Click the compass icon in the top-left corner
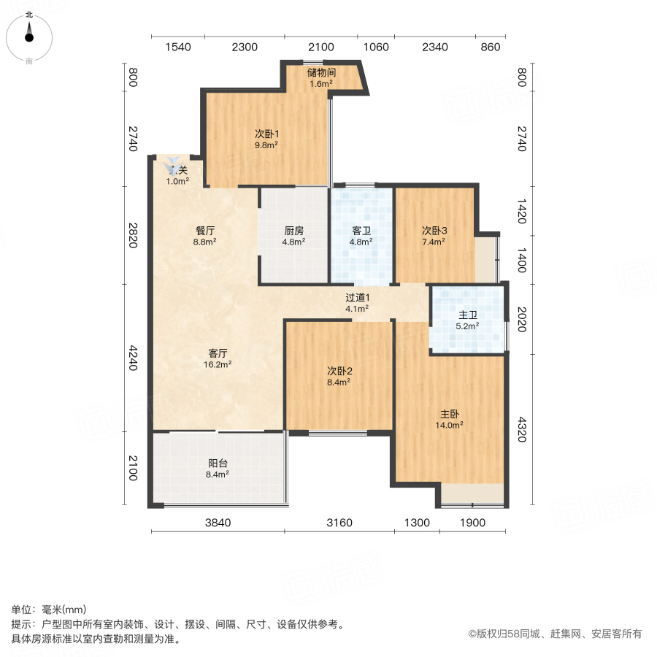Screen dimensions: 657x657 coord(29,34)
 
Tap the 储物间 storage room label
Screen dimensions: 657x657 coord(321,72)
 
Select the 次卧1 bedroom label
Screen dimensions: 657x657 coord(266,134)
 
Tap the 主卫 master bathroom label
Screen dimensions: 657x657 coord(468,315)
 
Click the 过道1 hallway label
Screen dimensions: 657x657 coord(358,297)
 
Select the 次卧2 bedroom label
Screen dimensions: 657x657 coord(339,370)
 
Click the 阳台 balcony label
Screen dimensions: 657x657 coord(218,463)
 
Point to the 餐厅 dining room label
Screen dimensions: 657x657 coord(204,231)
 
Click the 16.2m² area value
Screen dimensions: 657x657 coord(218,364)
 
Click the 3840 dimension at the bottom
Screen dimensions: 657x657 coord(217,523)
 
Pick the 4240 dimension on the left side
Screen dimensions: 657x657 coord(132,357)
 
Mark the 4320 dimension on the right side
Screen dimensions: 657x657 coord(521,429)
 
